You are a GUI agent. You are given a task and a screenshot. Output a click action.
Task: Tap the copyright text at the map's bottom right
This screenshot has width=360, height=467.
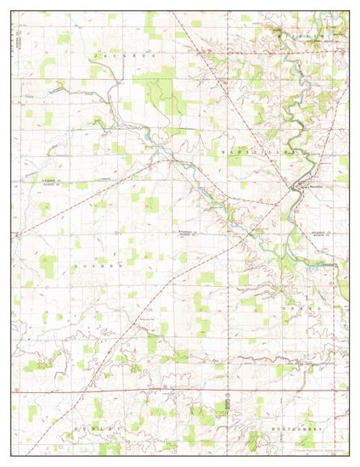click(314, 450)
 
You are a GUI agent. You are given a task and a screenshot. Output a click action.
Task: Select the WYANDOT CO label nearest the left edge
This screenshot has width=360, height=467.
click(56, 182)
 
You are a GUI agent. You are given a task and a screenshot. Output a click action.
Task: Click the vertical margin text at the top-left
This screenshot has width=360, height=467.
click(15, 38)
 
